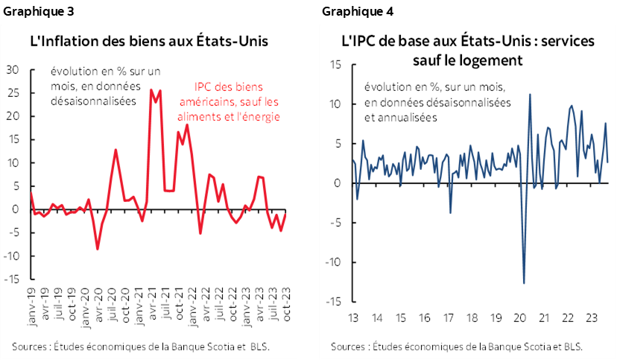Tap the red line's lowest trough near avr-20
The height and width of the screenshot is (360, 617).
pos(97,248)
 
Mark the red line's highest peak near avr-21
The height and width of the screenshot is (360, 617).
pos(152,90)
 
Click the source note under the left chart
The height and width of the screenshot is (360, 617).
pos(140,346)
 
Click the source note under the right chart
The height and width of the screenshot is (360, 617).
pos(456,346)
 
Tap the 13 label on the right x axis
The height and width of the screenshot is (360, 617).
pos(352,317)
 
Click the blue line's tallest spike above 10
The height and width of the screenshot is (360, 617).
pos(529,94)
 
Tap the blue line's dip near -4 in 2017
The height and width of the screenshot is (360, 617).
pos(450,213)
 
